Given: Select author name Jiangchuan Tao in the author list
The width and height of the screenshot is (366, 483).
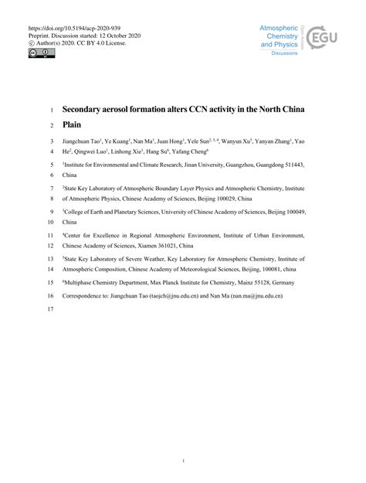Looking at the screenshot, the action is point(86,142).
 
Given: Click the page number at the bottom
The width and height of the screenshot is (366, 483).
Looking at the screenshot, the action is point(182,461).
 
